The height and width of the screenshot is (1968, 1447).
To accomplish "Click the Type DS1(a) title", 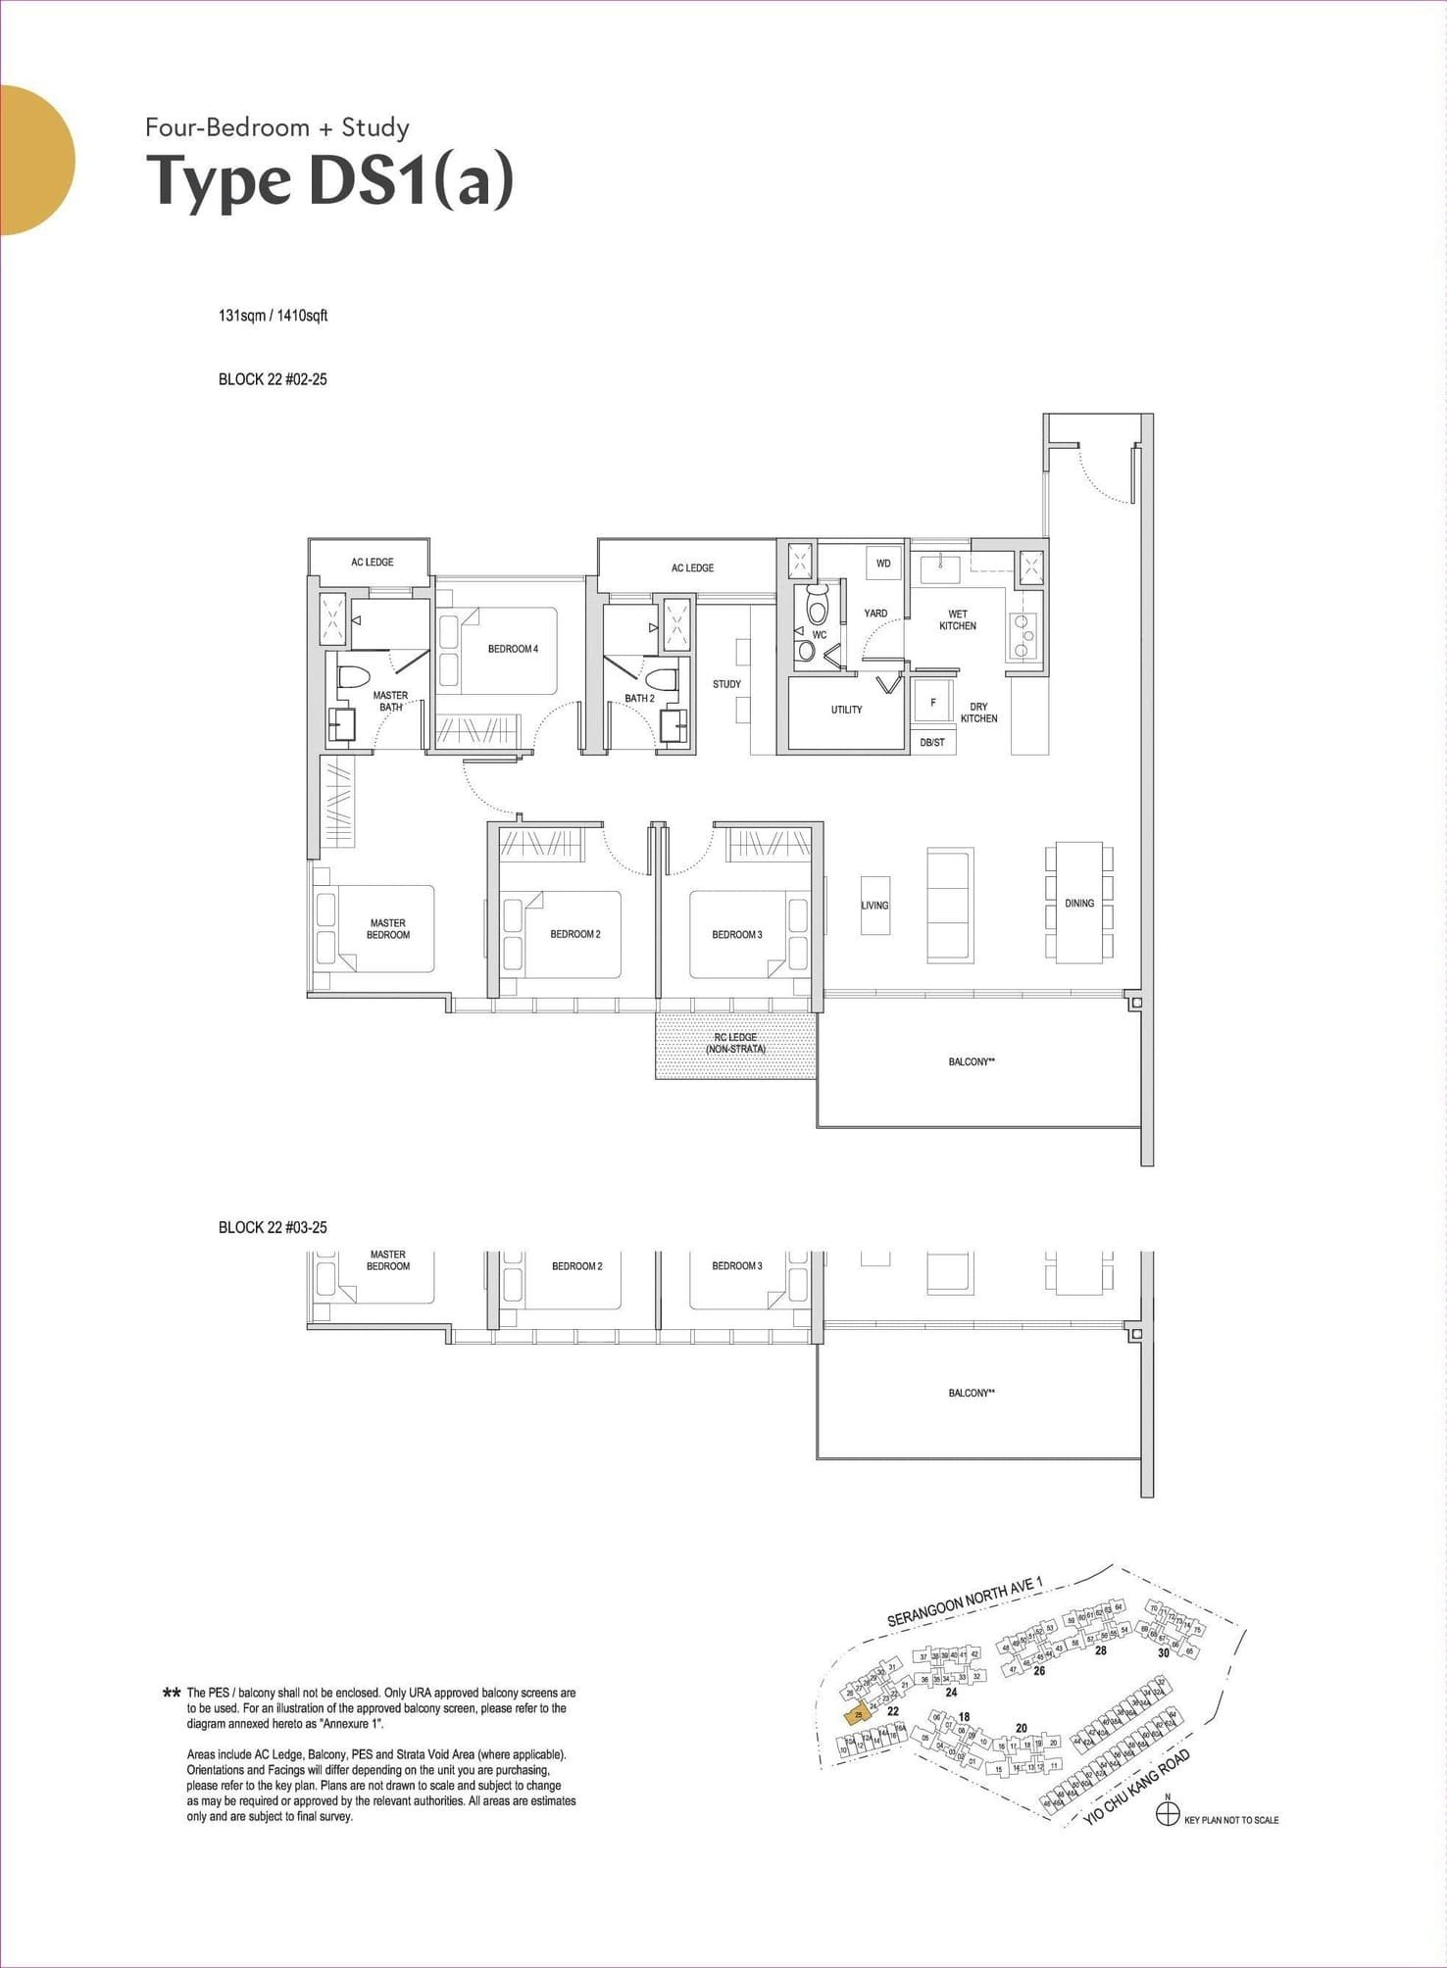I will pyautogui.click(x=329, y=181).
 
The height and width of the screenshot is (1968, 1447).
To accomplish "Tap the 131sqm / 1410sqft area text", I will pyautogui.click(x=273, y=316).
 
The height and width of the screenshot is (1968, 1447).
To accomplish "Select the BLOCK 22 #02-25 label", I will pyautogui.click(x=273, y=379).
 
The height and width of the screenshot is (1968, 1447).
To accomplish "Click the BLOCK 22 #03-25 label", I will pyautogui.click(x=273, y=1227).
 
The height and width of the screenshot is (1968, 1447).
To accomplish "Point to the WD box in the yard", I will pyautogui.click(x=883, y=564).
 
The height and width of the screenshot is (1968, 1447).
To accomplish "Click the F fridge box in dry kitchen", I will pyautogui.click(x=932, y=702).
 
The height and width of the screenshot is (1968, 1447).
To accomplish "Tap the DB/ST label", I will pyautogui.click(x=932, y=742).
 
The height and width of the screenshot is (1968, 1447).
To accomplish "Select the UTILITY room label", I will pyautogui.click(x=846, y=710).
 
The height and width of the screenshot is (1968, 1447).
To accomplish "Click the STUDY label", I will pyautogui.click(x=726, y=684).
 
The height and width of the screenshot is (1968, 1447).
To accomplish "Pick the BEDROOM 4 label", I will pyautogui.click(x=513, y=649).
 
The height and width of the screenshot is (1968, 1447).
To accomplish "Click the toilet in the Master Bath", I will pyautogui.click(x=352, y=677).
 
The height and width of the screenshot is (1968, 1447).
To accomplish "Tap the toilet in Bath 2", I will pyautogui.click(x=664, y=678).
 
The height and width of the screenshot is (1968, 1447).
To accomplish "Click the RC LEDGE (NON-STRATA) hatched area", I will pyautogui.click(x=735, y=1045).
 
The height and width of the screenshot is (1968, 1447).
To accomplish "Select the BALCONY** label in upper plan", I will pyautogui.click(x=972, y=1061).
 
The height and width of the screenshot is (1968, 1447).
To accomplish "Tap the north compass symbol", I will pyautogui.click(x=1167, y=1815).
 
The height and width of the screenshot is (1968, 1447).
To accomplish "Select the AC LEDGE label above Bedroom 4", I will pyautogui.click(x=373, y=563).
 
